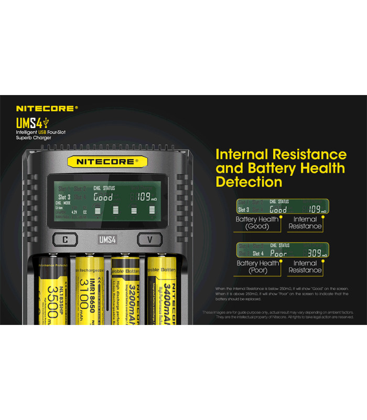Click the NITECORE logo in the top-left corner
pos(47,109)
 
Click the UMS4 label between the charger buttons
pos(107,239)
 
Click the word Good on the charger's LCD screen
pos(103,197)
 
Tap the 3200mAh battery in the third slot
pos(125,291)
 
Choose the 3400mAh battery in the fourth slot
pos(163,291)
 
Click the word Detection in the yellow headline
pos(249,182)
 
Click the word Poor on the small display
pos(278,254)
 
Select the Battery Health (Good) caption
pos(257,223)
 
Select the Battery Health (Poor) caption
pos(257,267)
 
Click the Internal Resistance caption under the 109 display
pos(305,223)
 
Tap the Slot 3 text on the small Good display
pos(245,209)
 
